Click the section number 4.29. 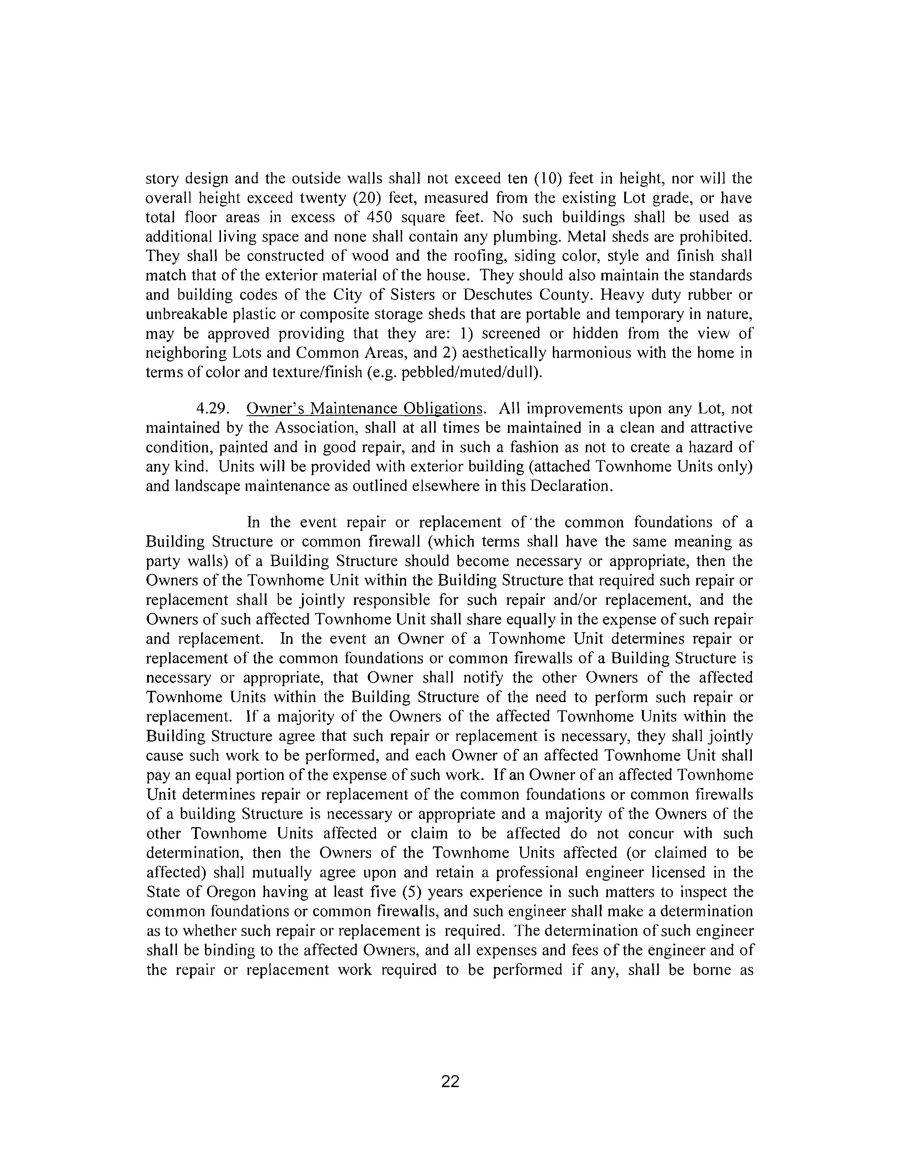(214, 409)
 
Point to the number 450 (378, 217)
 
